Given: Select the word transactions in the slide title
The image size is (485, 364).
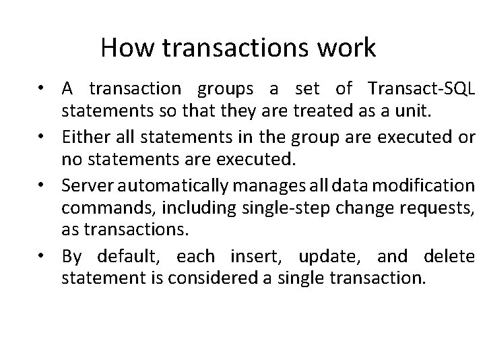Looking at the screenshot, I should (x=228, y=48).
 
